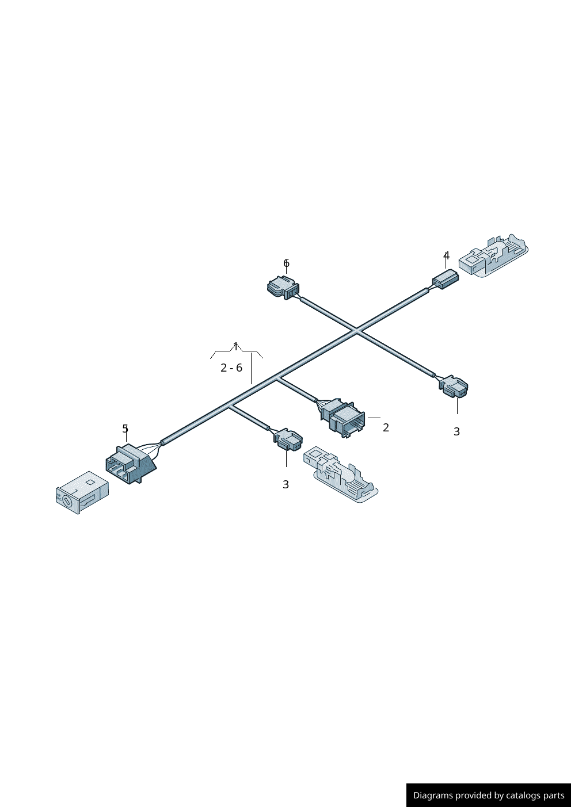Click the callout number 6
pyautogui.click(x=286, y=263)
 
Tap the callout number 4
pyautogui.click(x=446, y=255)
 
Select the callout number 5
pyautogui.click(x=125, y=429)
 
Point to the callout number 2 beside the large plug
pyautogui.click(x=386, y=427)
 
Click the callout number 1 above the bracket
pyautogui.click(x=236, y=347)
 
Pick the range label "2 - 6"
pyautogui.click(x=231, y=368)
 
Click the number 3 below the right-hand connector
pyautogui.click(x=456, y=431)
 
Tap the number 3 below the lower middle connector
pyautogui.click(x=285, y=484)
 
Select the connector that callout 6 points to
pyautogui.click(x=283, y=288)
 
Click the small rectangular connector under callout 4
pyautogui.click(x=446, y=279)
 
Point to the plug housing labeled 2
pyautogui.click(x=342, y=418)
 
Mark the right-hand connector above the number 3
pyautogui.click(x=454, y=387)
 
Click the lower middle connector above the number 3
pyautogui.click(x=288, y=439)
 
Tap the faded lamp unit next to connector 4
pyautogui.click(x=493, y=255)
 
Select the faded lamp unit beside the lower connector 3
pyautogui.click(x=341, y=474)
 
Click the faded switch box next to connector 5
pyautogui.click(x=82, y=492)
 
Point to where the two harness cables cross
pyautogui.click(x=356, y=330)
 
